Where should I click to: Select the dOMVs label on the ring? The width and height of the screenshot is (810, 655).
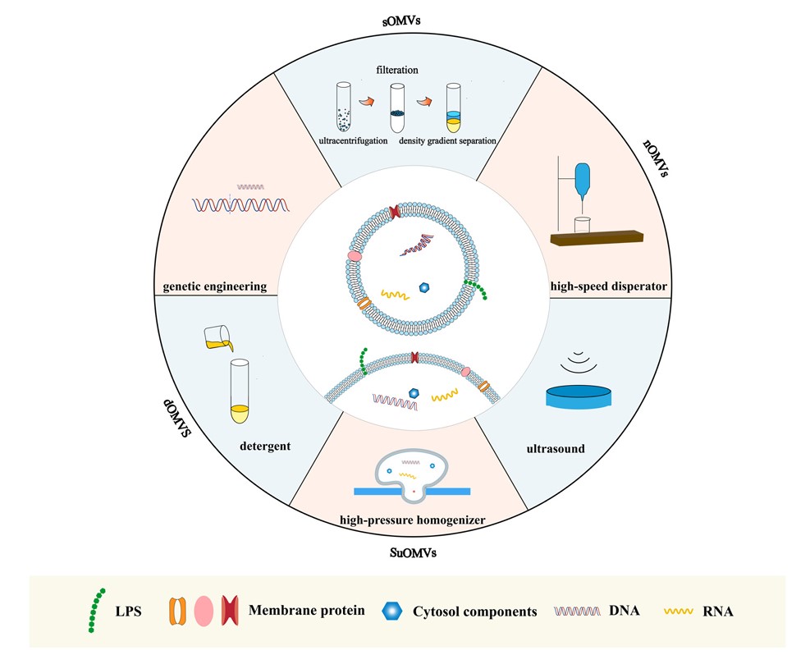[x=175, y=418]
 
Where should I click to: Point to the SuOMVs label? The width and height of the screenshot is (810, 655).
[x=412, y=552]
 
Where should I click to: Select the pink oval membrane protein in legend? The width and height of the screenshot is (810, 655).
[x=204, y=611]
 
